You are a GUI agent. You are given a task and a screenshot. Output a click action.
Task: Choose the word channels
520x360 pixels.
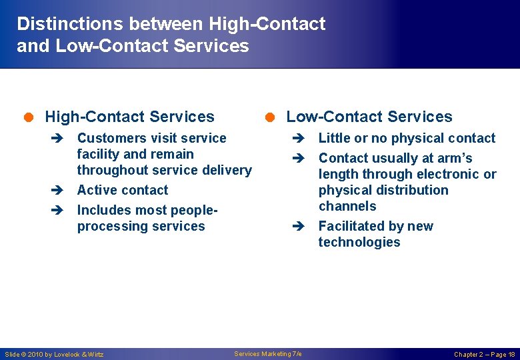(347, 206)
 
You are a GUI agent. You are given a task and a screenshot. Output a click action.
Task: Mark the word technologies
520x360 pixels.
(359, 242)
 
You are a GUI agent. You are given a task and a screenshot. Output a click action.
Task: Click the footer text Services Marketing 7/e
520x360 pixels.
(268, 353)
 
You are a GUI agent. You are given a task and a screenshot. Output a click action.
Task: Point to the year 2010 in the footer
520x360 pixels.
(35, 354)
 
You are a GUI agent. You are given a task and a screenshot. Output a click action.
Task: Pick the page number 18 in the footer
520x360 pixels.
(511, 354)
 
